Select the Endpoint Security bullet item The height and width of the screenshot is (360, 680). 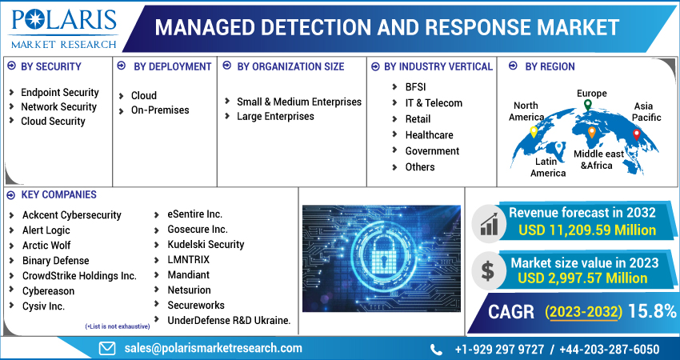(x=59, y=92)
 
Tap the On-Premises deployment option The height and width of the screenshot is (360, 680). (x=160, y=110)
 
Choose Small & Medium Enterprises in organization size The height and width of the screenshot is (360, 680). (x=298, y=102)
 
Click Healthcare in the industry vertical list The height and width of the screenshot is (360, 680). (x=429, y=134)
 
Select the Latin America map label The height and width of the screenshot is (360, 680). (x=548, y=166)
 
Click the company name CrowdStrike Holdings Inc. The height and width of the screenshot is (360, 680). (x=79, y=275)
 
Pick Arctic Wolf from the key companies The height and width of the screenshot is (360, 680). (x=46, y=245)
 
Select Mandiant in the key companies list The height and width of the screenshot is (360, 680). (x=189, y=274)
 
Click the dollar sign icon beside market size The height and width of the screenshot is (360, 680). (x=486, y=270)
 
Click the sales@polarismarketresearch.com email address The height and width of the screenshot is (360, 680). (x=212, y=348)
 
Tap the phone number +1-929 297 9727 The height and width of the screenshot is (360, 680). (x=498, y=349)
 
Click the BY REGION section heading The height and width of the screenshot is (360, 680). (x=550, y=66)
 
